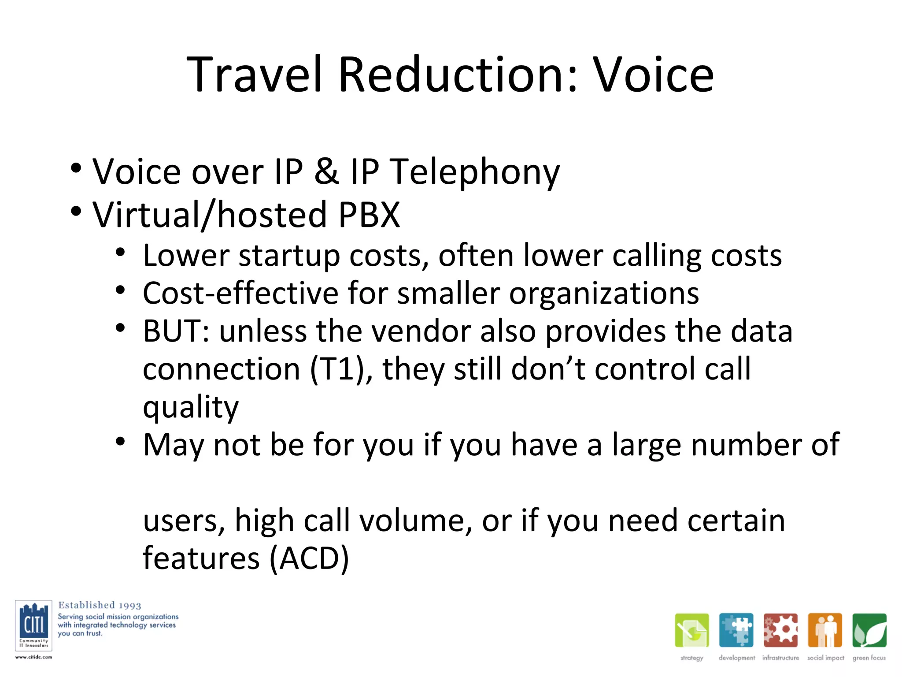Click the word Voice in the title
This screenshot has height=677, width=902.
tap(653, 75)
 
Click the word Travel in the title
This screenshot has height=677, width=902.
tap(255, 75)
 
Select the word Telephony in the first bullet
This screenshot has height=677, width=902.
tap(475, 172)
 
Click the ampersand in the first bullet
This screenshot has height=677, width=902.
tap(326, 171)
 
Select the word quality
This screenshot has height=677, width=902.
tap(190, 408)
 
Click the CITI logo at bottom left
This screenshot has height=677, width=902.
tap(33, 625)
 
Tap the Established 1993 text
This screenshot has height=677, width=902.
tap(100, 605)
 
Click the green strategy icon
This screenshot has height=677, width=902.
tap(691, 630)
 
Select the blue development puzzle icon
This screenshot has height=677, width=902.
tap(736, 630)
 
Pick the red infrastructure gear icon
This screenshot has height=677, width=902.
tap(780, 630)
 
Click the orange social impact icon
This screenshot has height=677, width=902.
tap(825, 630)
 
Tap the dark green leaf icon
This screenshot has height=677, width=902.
tap(869, 630)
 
